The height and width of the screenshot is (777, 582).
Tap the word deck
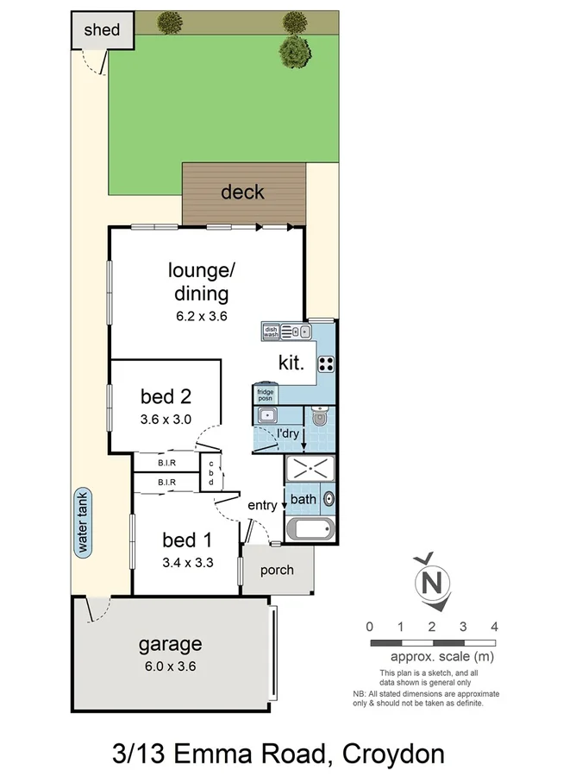click(x=242, y=192)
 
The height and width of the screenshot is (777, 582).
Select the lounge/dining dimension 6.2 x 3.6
click(x=200, y=316)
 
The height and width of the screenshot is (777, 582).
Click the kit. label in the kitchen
click(x=291, y=363)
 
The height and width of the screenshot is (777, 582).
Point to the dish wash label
click(x=271, y=330)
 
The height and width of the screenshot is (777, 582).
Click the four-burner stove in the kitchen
click(x=326, y=363)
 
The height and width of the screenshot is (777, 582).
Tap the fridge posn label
click(x=265, y=394)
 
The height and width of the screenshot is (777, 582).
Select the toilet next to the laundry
click(x=319, y=419)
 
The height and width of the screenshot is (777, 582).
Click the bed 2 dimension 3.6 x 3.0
click(x=165, y=420)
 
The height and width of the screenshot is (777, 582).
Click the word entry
click(x=262, y=505)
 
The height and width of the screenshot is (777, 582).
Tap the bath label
click(x=303, y=499)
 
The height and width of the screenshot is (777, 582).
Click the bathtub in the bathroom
click(x=310, y=529)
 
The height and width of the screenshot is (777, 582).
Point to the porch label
click(x=276, y=570)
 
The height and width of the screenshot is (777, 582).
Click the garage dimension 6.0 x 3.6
click(x=170, y=666)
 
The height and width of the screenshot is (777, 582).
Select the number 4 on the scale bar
click(x=494, y=626)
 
